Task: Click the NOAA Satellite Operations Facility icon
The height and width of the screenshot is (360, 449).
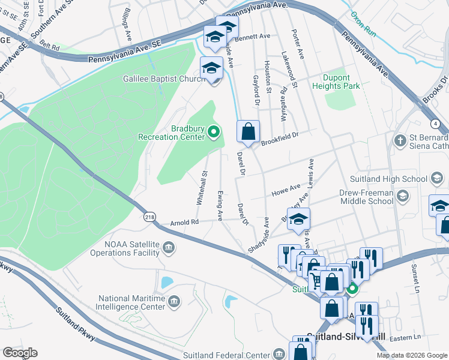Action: (x=169, y=247)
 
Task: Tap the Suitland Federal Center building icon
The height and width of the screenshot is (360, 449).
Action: (x=277, y=353)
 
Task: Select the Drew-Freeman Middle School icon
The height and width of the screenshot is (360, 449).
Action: (x=403, y=196)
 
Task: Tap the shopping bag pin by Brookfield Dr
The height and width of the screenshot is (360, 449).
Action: (x=248, y=131)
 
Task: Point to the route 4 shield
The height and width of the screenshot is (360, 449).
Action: (x=434, y=123)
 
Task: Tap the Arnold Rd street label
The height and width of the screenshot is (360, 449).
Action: (x=184, y=222)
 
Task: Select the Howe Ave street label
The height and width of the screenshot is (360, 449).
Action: (x=286, y=188)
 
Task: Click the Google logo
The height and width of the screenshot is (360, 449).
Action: (x=20, y=352)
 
